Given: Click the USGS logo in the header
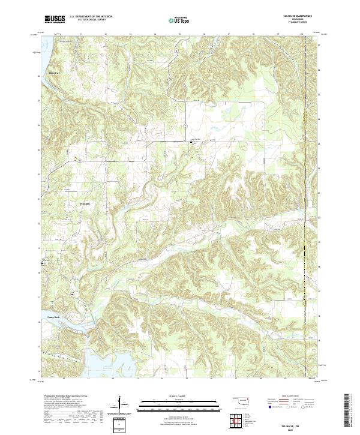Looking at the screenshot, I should pyautogui.click(x=55, y=19).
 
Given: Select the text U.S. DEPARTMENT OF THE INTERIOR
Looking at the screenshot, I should pyautogui.click(x=91, y=17).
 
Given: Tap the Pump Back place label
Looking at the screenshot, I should pyautogui.click(x=55, y=319).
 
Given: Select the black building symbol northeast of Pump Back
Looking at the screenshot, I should pyautogui.click(x=73, y=294).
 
